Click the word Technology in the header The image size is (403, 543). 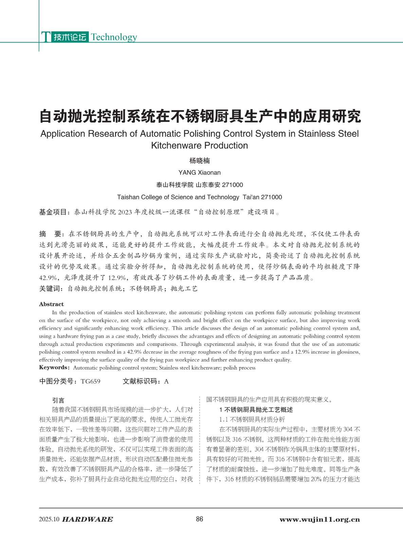pyautogui.click(x=114, y=37)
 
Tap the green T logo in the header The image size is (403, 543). pyautogui.click(x=45, y=37)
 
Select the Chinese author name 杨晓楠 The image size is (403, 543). pyautogui.click(x=200, y=161)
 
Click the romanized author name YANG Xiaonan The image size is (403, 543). pyautogui.click(x=200, y=172)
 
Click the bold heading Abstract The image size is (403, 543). pyautogui.click(x=51, y=304)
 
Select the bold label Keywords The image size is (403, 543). pyautogui.click(x=54, y=368)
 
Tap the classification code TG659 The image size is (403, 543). pyautogui.click(x=91, y=381)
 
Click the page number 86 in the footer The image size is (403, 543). pyautogui.click(x=200, y=519)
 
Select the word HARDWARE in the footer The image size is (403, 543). pyautogui.click(x=88, y=519)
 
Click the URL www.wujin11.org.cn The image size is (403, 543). pyautogui.click(x=319, y=519)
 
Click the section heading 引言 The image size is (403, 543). pyautogui.click(x=58, y=400)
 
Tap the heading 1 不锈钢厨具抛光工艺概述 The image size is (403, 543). pyautogui.click(x=256, y=410)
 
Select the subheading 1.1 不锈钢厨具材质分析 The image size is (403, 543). pyautogui.click(x=252, y=419)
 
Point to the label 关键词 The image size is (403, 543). pyautogui.click(x=51, y=289)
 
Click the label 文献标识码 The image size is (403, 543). pyautogui.click(x=142, y=381)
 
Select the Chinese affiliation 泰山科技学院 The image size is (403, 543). pyautogui.click(x=175, y=185)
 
